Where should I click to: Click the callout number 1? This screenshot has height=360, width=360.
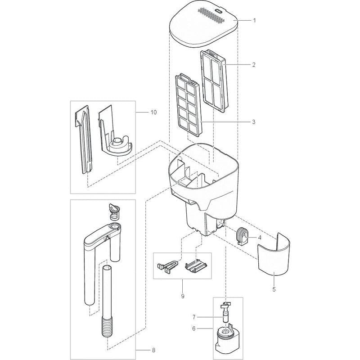point(254,20)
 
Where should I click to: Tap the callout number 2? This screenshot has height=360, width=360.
point(254,65)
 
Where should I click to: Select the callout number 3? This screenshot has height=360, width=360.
point(254,121)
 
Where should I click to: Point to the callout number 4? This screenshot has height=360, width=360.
point(260,238)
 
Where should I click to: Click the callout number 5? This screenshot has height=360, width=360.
point(274,289)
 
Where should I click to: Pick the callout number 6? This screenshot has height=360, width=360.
point(194,328)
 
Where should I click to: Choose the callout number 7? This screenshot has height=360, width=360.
point(194,317)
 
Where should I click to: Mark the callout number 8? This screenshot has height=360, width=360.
point(153,350)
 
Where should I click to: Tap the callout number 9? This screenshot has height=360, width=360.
point(183,296)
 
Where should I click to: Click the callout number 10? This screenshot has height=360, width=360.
point(153,112)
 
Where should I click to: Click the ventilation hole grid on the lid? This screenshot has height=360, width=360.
point(211,15)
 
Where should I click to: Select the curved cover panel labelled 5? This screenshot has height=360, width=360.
point(274,254)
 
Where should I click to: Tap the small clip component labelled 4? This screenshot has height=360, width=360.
point(242,236)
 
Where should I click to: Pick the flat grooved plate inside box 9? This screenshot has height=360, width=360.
point(196,266)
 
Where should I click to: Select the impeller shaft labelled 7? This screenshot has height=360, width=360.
point(225,312)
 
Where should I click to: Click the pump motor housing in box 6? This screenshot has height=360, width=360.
point(227,340)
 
